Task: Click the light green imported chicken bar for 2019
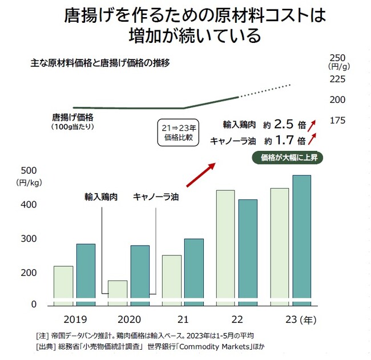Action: pos(63,282)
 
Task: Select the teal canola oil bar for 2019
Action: pos(86,271)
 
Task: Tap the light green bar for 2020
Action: pos(117,290)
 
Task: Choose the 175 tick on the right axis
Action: pos(338,121)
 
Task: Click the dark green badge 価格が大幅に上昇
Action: pos(288,157)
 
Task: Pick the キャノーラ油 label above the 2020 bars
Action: pos(156,197)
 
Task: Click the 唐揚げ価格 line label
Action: pos(73,118)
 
